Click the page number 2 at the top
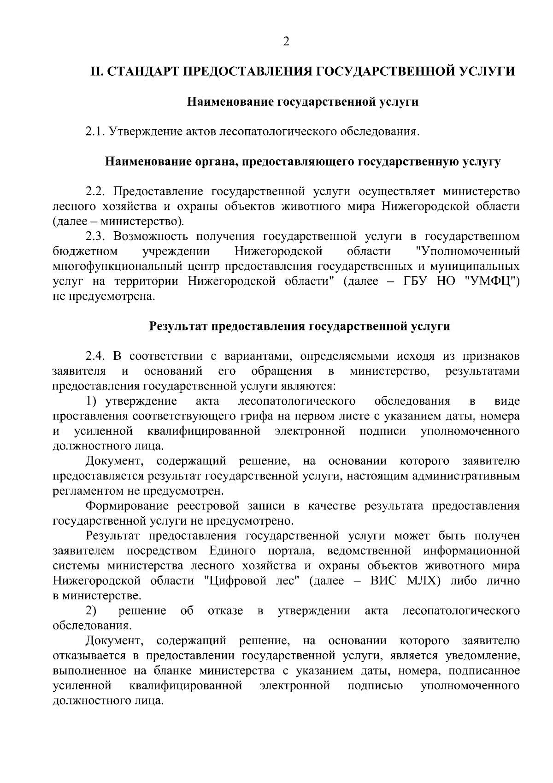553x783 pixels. tap(286, 42)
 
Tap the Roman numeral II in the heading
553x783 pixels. tap(95, 72)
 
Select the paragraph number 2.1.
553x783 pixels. tap(96, 132)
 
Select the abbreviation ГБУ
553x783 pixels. tap(418, 281)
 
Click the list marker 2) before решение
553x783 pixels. tap(91, 611)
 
